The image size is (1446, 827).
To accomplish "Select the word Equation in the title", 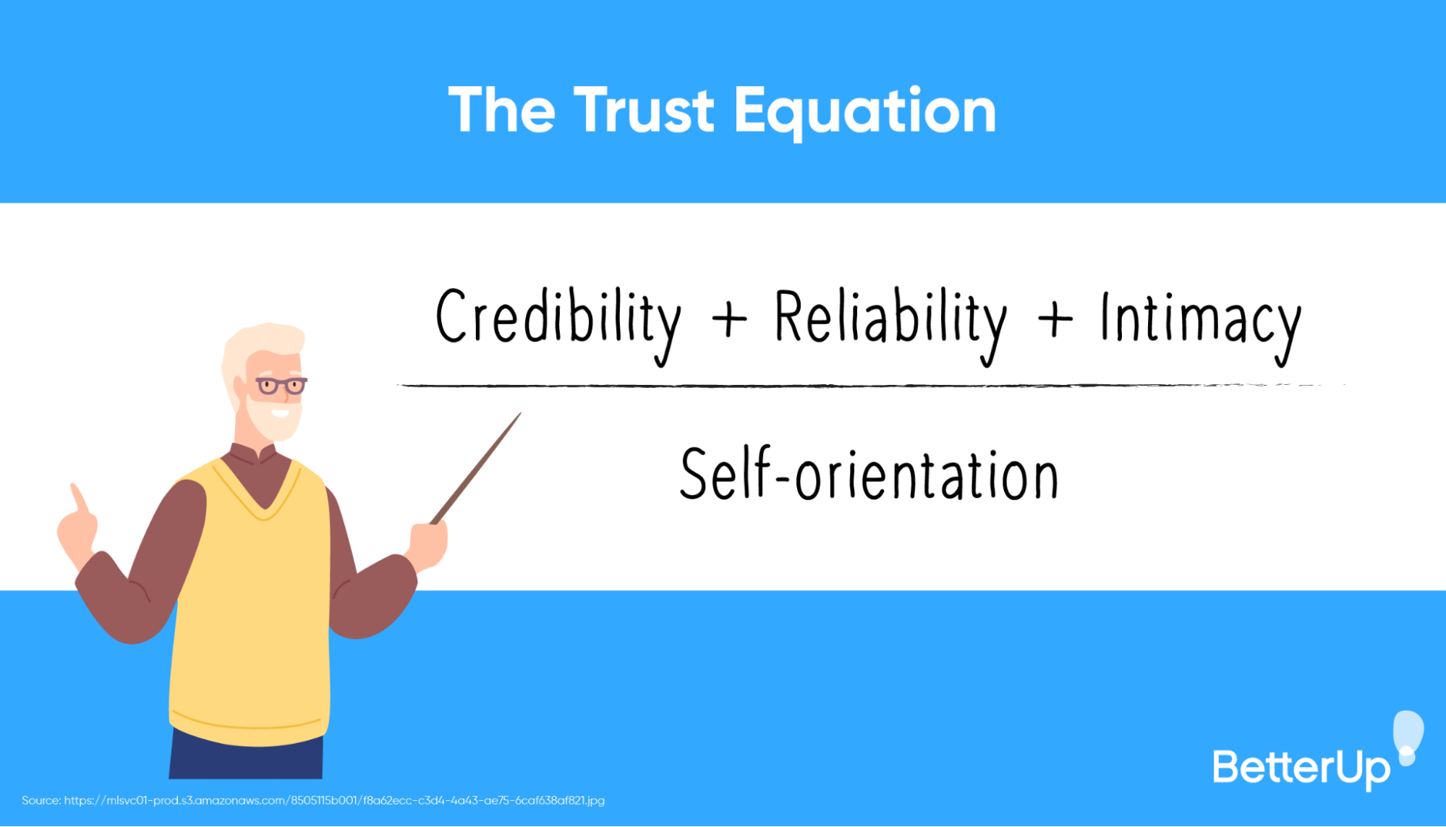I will (x=865, y=112).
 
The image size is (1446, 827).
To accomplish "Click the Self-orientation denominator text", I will (x=869, y=475).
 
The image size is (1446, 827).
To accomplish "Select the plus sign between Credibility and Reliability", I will (x=729, y=319).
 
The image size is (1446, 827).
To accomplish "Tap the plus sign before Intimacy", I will (x=1055, y=319).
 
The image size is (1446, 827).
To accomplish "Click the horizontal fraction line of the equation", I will (x=868, y=386).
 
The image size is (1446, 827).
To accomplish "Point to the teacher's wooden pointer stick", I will (x=477, y=467).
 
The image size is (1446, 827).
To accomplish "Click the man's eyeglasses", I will (x=281, y=386).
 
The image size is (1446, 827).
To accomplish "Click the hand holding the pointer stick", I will (x=428, y=543).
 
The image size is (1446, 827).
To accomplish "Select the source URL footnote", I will (x=313, y=800).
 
